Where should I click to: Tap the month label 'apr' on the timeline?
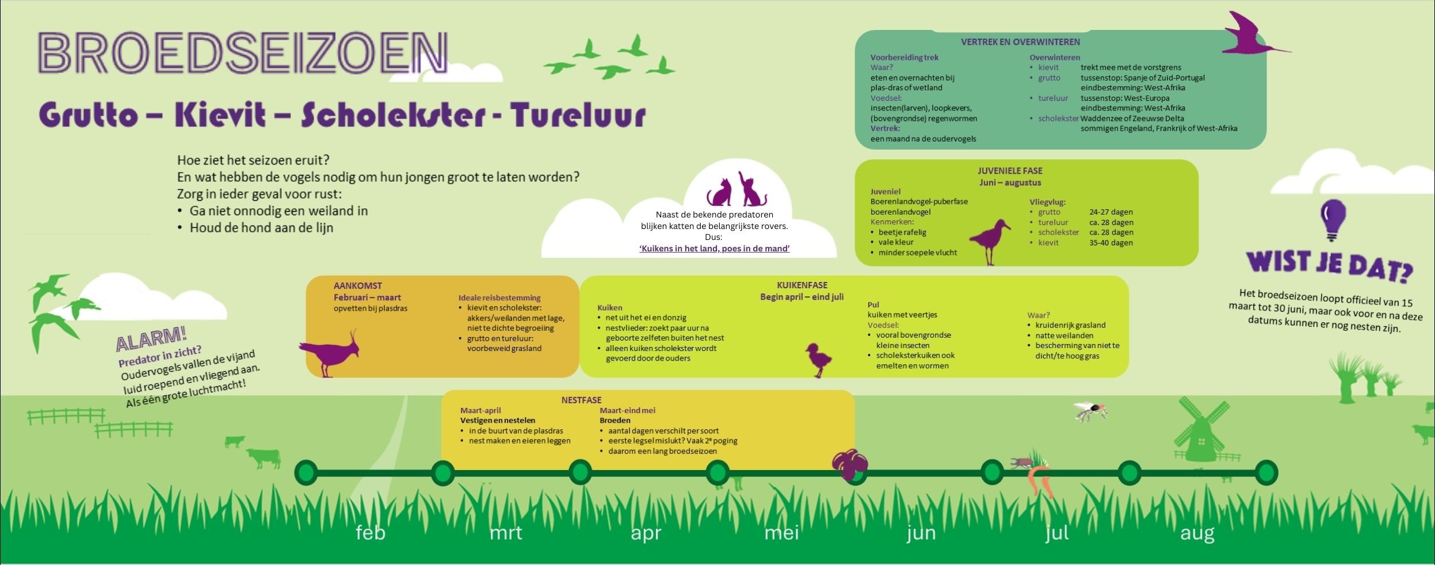coord(646,533)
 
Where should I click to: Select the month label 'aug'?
coord(1197,533)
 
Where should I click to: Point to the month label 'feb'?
coord(371,532)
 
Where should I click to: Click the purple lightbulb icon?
coord(1333,219)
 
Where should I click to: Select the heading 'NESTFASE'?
coord(581,400)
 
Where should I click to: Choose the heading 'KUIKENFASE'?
coord(802,285)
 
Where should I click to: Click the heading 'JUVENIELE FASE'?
coord(1010,171)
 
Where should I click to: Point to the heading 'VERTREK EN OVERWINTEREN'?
coord(1020,42)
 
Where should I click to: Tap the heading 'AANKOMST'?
coord(357,286)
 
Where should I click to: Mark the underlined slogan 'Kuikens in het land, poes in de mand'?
coord(714,249)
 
